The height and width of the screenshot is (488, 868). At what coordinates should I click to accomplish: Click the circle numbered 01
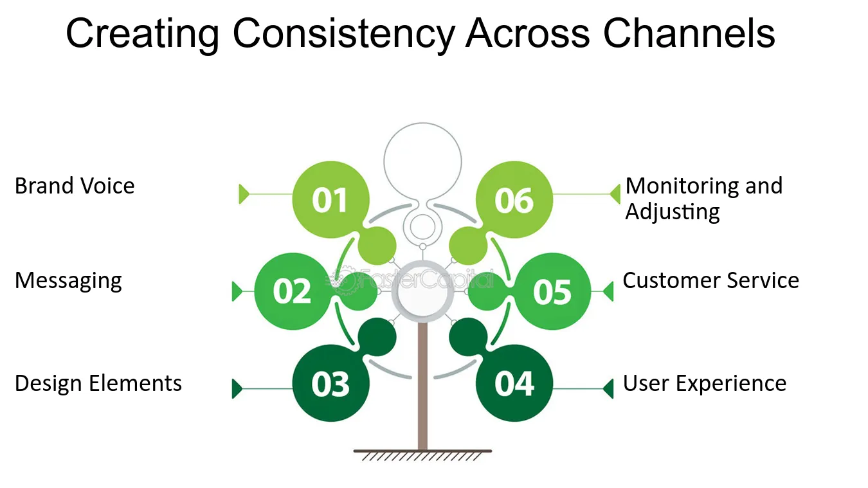(x=330, y=199)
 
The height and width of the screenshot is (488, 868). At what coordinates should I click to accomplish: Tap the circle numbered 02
(x=293, y=291)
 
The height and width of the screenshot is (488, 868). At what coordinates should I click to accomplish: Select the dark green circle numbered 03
(x=330, y=383)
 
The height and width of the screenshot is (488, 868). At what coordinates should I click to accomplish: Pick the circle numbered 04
(x=514, y=383)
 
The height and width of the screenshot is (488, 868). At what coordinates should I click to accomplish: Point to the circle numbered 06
(x=514, y=199)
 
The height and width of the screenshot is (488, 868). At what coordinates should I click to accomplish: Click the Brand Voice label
(x=75, y=186)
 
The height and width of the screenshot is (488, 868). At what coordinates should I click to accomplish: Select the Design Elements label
(x=98, y=383)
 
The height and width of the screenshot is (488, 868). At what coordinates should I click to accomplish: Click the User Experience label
(x=705, y=383)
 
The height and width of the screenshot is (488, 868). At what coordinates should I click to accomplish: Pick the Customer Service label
(x=710, y=280)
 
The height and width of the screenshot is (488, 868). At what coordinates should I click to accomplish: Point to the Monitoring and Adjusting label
(x=703, y=198)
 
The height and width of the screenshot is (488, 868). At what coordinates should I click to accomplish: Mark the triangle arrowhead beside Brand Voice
(x=243, y=194)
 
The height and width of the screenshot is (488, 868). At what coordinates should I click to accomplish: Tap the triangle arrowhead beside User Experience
(x=608, y=388)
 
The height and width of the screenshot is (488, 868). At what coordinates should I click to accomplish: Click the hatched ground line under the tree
(x=422, y=454)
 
